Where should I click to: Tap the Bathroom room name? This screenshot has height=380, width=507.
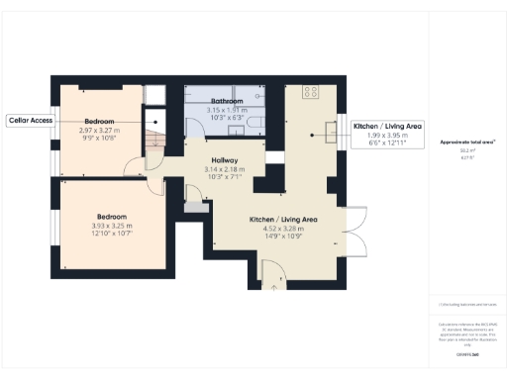(x=226, y=101)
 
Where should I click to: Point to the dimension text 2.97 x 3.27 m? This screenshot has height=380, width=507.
(x=99, y=130)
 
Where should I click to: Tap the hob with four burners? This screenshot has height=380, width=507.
(x=308, y=93)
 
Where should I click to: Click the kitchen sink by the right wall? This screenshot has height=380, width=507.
(x=327, y=129)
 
